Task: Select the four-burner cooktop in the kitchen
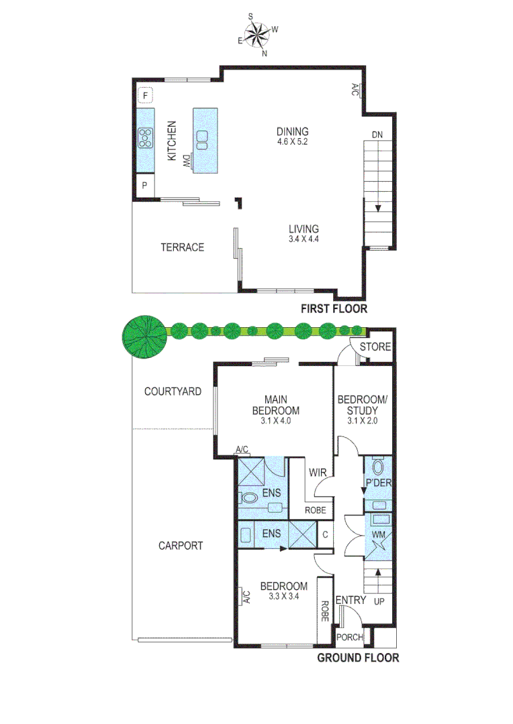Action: (x=145, y=137)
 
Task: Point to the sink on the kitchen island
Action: (x=202, y=139)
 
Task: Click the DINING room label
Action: (x=292, y=131)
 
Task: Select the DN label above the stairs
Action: (x=377, y=135)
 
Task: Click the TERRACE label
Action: (x=182, y=247)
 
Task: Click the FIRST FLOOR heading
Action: (x=334, y=309)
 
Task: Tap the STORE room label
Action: (x=374, y=347)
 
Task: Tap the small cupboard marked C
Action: (x=324, y=535)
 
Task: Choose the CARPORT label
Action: (x=181, y=546)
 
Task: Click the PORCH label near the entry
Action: (x=349, y=637)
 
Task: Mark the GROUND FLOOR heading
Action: (x=357, y=658)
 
